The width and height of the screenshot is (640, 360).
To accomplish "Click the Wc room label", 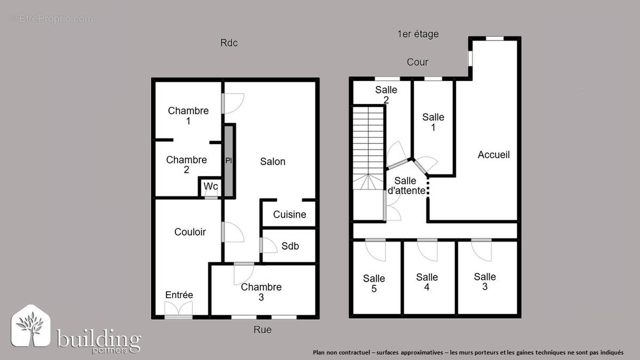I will [x=211, y=187].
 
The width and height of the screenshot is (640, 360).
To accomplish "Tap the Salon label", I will [x=273, y=162].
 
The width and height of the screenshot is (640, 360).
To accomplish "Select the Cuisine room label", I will [x=290, y=214].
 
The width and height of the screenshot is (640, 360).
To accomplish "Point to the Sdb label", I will [x=290, y=246].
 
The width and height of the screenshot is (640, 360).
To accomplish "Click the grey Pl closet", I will [x=229, y=161].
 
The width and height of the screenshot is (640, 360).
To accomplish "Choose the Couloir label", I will [x=190, y=232].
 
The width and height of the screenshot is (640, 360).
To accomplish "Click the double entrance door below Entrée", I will [x=178, y=310].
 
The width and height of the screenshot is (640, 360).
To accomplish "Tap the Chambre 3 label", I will [x=261, y=292].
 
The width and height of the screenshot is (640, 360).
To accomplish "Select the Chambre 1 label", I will [x=188, y=116].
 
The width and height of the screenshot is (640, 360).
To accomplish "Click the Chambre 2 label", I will [x=186, y=165].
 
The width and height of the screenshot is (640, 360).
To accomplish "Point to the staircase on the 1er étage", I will [x=368, y=147].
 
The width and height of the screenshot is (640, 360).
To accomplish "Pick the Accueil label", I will [x=493, y=155].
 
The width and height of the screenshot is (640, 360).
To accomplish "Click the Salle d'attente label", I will [x=406, y=186].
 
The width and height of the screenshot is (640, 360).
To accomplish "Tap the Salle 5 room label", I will [x=374, y=283].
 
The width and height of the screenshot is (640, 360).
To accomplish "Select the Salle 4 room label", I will [x=427, y=282].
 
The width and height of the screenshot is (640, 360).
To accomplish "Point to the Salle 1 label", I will [x=433, y=122].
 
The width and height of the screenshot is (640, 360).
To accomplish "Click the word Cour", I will [x=417, y=62].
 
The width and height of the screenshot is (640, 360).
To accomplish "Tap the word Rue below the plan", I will [x=262, y=330].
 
